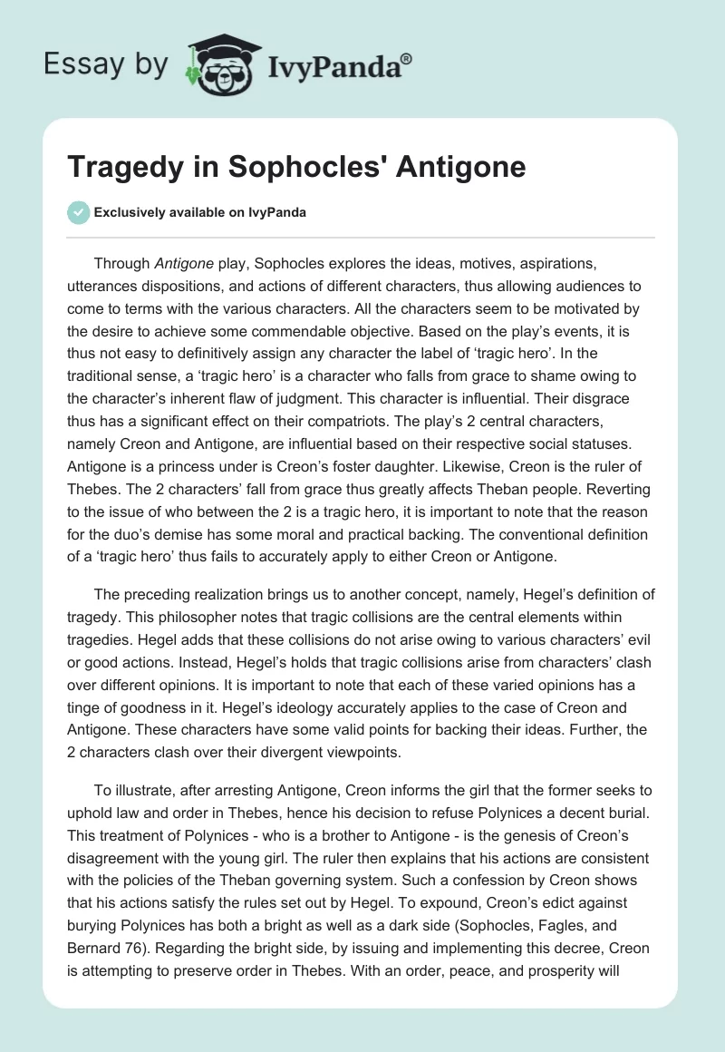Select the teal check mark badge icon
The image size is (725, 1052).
pyautogui.click(x=79, y=212)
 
